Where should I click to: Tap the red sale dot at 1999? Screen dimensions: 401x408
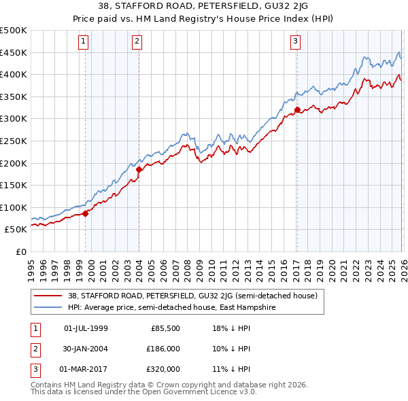(85, 213)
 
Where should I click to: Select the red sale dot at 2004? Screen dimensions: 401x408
(139, 169)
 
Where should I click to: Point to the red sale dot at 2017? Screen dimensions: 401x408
(297, 109)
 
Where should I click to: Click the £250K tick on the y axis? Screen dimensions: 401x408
(14, 141)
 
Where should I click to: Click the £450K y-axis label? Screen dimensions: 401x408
(14, 52)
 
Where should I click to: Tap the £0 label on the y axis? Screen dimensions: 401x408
(20, 251)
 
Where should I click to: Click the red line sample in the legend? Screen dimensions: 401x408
(49, 296)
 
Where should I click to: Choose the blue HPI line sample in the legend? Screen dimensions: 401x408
(49, 307)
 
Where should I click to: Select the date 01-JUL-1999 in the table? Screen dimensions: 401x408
(86, 328)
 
